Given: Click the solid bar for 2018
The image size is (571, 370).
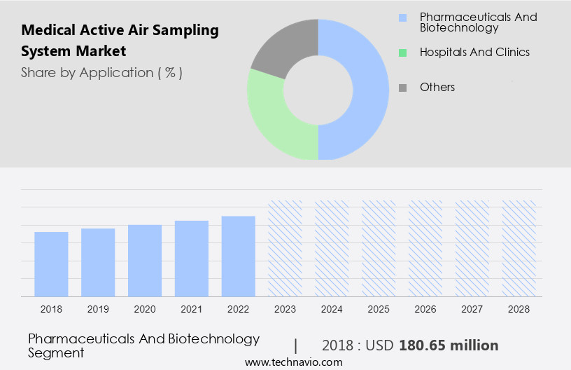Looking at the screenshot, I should click(x=51, y=264).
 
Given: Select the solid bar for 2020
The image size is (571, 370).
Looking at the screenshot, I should click(x=145, y=261).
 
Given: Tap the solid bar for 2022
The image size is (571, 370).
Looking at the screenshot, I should click(x=239, y=256).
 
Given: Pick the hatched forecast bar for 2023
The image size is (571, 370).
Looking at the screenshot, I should click(x=285, y=249).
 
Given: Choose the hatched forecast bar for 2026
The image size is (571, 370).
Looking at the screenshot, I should click(x=425, y=249).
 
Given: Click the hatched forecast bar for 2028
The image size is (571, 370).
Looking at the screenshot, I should click(x=519, y=249).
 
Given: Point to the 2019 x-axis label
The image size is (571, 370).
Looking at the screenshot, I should click(x=98, y=308).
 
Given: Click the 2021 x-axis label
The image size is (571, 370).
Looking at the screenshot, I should click(x=192, y=308).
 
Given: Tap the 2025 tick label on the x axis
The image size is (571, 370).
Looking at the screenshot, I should click(x=379, y=308).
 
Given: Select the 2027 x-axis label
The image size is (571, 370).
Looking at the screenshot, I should click(x=472, y=308).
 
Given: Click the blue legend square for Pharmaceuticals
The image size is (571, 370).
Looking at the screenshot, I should click(x=402, y=17).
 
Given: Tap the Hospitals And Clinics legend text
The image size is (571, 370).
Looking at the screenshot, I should click(x=474, y=52).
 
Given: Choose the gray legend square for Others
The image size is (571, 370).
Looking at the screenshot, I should click(x=402, y=88).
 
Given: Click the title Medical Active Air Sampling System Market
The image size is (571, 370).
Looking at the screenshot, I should click(x=120, y=41).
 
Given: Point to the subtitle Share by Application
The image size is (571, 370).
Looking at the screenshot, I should click(x=101, y=73).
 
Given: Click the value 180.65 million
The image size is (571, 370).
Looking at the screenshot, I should click(x=449, y=345).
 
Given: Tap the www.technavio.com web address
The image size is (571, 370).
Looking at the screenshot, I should click(x=293, y=362).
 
